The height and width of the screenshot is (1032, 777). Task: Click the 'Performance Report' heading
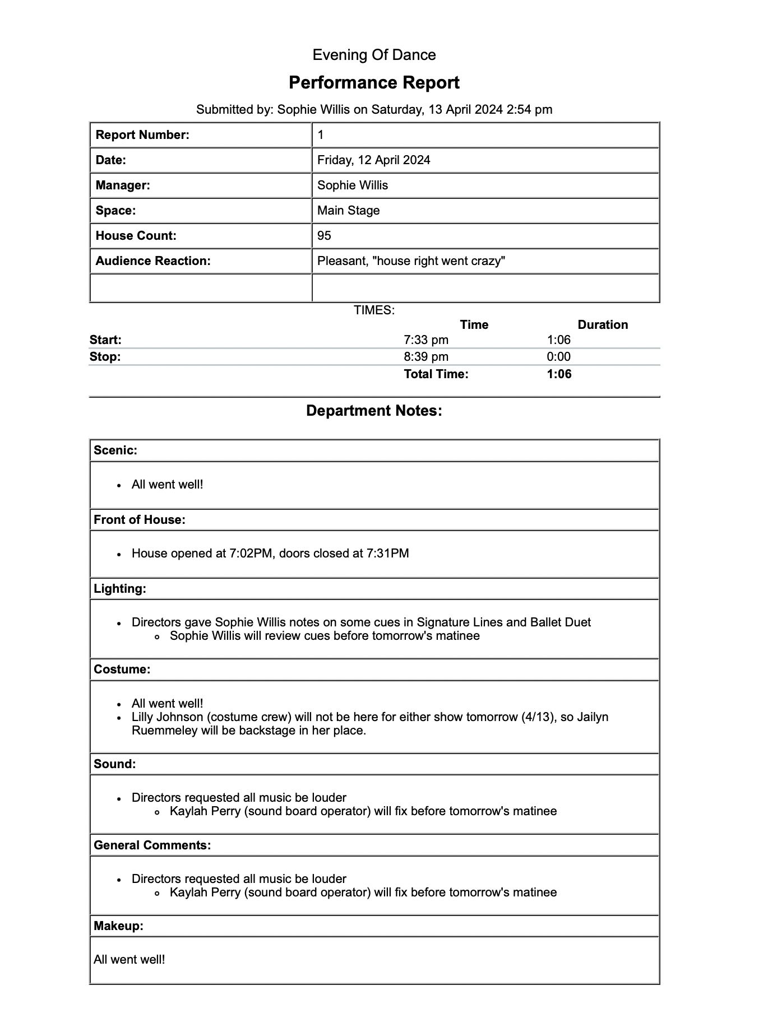point(374,83)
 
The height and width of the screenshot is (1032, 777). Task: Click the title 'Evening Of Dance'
point(374,55)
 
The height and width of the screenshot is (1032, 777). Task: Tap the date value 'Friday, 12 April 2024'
point(373,160)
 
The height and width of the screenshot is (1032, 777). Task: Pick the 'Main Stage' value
point(348,211)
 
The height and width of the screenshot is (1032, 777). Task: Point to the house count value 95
point(324,236)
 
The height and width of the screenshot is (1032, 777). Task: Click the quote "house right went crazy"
point(439,261)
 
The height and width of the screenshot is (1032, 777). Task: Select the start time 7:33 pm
point(425,340)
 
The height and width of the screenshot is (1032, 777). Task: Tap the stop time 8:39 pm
point(425,357)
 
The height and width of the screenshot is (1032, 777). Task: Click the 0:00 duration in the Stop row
point(558,357)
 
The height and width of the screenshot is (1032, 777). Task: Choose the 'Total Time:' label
point(436,374)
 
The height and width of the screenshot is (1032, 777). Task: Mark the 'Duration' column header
point(603,325)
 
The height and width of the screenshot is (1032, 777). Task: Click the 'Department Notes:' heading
point(374,411)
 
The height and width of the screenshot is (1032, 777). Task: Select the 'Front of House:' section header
point(139,520)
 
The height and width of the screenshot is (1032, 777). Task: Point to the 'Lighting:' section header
point(119,589)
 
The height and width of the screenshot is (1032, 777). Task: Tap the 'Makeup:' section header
point(118,926)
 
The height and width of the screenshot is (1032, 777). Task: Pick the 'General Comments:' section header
point(152,845)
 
